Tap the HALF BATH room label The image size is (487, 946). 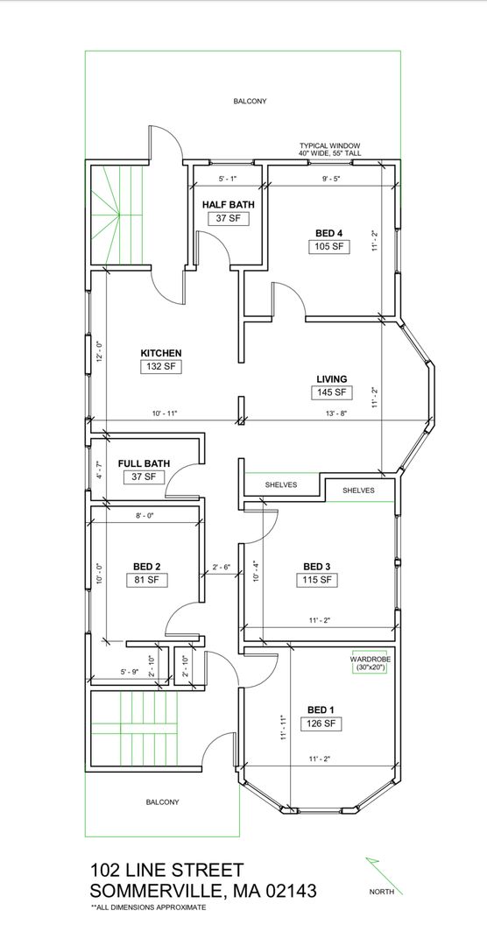(x=228, y=204)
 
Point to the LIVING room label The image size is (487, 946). (x=332, y=379)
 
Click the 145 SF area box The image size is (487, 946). (x=331, y=392)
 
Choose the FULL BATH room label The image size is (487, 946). (x=144, y=463)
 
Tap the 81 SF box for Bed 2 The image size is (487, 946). (x=146, y=581)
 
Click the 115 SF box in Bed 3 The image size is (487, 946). (x=317, y=581)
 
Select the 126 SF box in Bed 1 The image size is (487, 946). (x=322, y=724)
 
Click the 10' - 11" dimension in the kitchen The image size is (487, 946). (x=164, y=413)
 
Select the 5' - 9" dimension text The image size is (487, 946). (x=130, y=671)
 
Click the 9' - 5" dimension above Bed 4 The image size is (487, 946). (x=330, y=179)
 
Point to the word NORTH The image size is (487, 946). (x=382, y=892)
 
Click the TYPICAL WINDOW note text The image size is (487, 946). (x=330, y=146)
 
